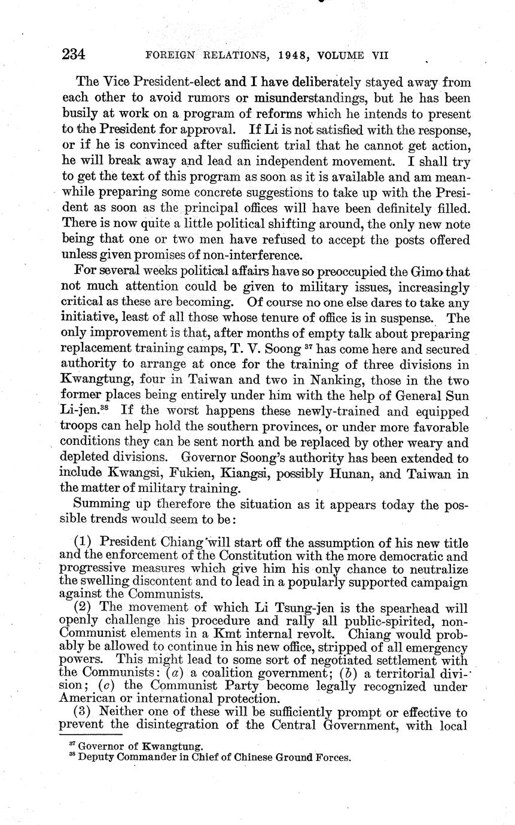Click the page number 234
(74, 55)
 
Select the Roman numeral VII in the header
(376, 56)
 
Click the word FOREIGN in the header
(170, 56)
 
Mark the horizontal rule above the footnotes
(90, 735)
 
